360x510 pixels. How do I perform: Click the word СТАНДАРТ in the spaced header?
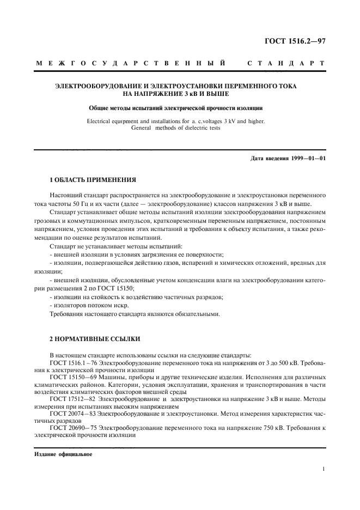(286, 64)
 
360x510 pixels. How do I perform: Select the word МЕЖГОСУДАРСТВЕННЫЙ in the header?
(131, 64)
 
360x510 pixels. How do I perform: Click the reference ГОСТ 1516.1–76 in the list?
(71, 362)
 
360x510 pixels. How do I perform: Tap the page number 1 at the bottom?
(324, 469)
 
